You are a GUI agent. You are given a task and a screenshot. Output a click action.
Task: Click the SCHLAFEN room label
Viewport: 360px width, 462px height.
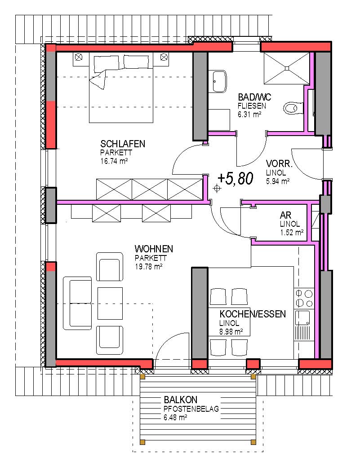(123, 144)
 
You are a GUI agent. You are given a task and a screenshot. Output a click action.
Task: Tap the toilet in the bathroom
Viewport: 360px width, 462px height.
(293, 108)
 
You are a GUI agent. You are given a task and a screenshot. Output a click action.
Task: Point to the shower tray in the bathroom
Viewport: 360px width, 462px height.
(286, 68)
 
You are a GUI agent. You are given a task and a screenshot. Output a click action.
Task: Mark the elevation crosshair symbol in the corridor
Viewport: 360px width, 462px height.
(217, 188)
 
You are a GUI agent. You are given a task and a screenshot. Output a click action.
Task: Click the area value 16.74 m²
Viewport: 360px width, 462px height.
(114, 161)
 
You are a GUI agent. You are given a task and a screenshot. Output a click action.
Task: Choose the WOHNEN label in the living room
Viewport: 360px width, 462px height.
(154, 249)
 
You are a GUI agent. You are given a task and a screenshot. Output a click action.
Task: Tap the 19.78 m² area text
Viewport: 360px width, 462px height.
(148, 267)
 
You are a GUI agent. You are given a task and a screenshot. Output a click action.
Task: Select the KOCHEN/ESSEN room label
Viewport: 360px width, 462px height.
(253, 314)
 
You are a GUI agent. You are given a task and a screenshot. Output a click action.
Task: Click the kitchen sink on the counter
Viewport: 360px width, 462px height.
(303, 318)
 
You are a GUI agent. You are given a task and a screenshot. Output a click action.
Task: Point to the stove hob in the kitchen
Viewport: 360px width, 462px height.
(304, 298)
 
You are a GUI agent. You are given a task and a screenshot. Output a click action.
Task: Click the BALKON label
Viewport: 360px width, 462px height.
(180, 400)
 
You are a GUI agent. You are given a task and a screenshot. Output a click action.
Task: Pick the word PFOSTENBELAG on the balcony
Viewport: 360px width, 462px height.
(191, 409)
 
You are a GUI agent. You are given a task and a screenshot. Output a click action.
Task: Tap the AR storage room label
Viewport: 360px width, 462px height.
(285, 215)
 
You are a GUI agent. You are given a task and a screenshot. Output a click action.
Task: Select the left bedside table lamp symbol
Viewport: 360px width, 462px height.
(78, 57)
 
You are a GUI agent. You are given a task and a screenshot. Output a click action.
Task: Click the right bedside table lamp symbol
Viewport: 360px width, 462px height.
(164, 57)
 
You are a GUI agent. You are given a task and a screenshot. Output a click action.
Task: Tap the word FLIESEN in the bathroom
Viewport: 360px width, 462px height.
(252, 106)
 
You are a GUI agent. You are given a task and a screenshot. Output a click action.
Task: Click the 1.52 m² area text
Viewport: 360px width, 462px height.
(292, 233)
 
